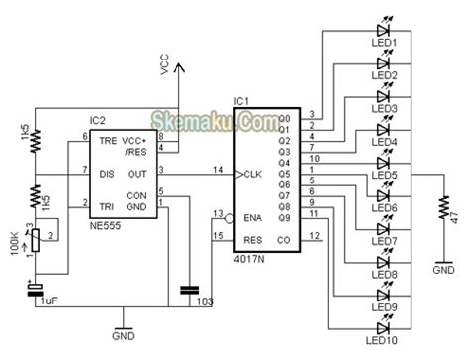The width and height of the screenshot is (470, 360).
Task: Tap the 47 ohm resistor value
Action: coord(455,213)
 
